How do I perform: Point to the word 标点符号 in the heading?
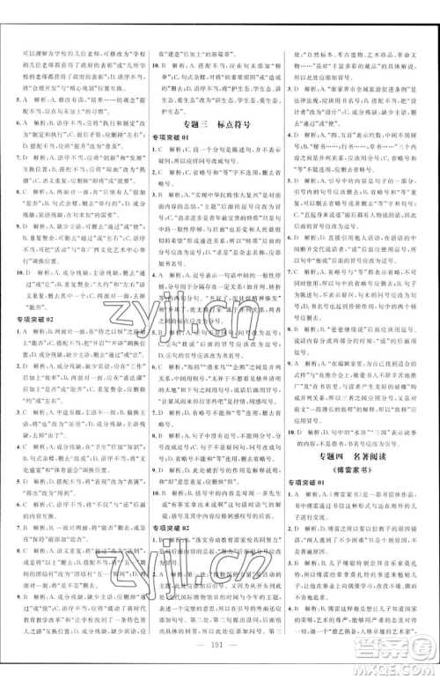pos(234,125)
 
